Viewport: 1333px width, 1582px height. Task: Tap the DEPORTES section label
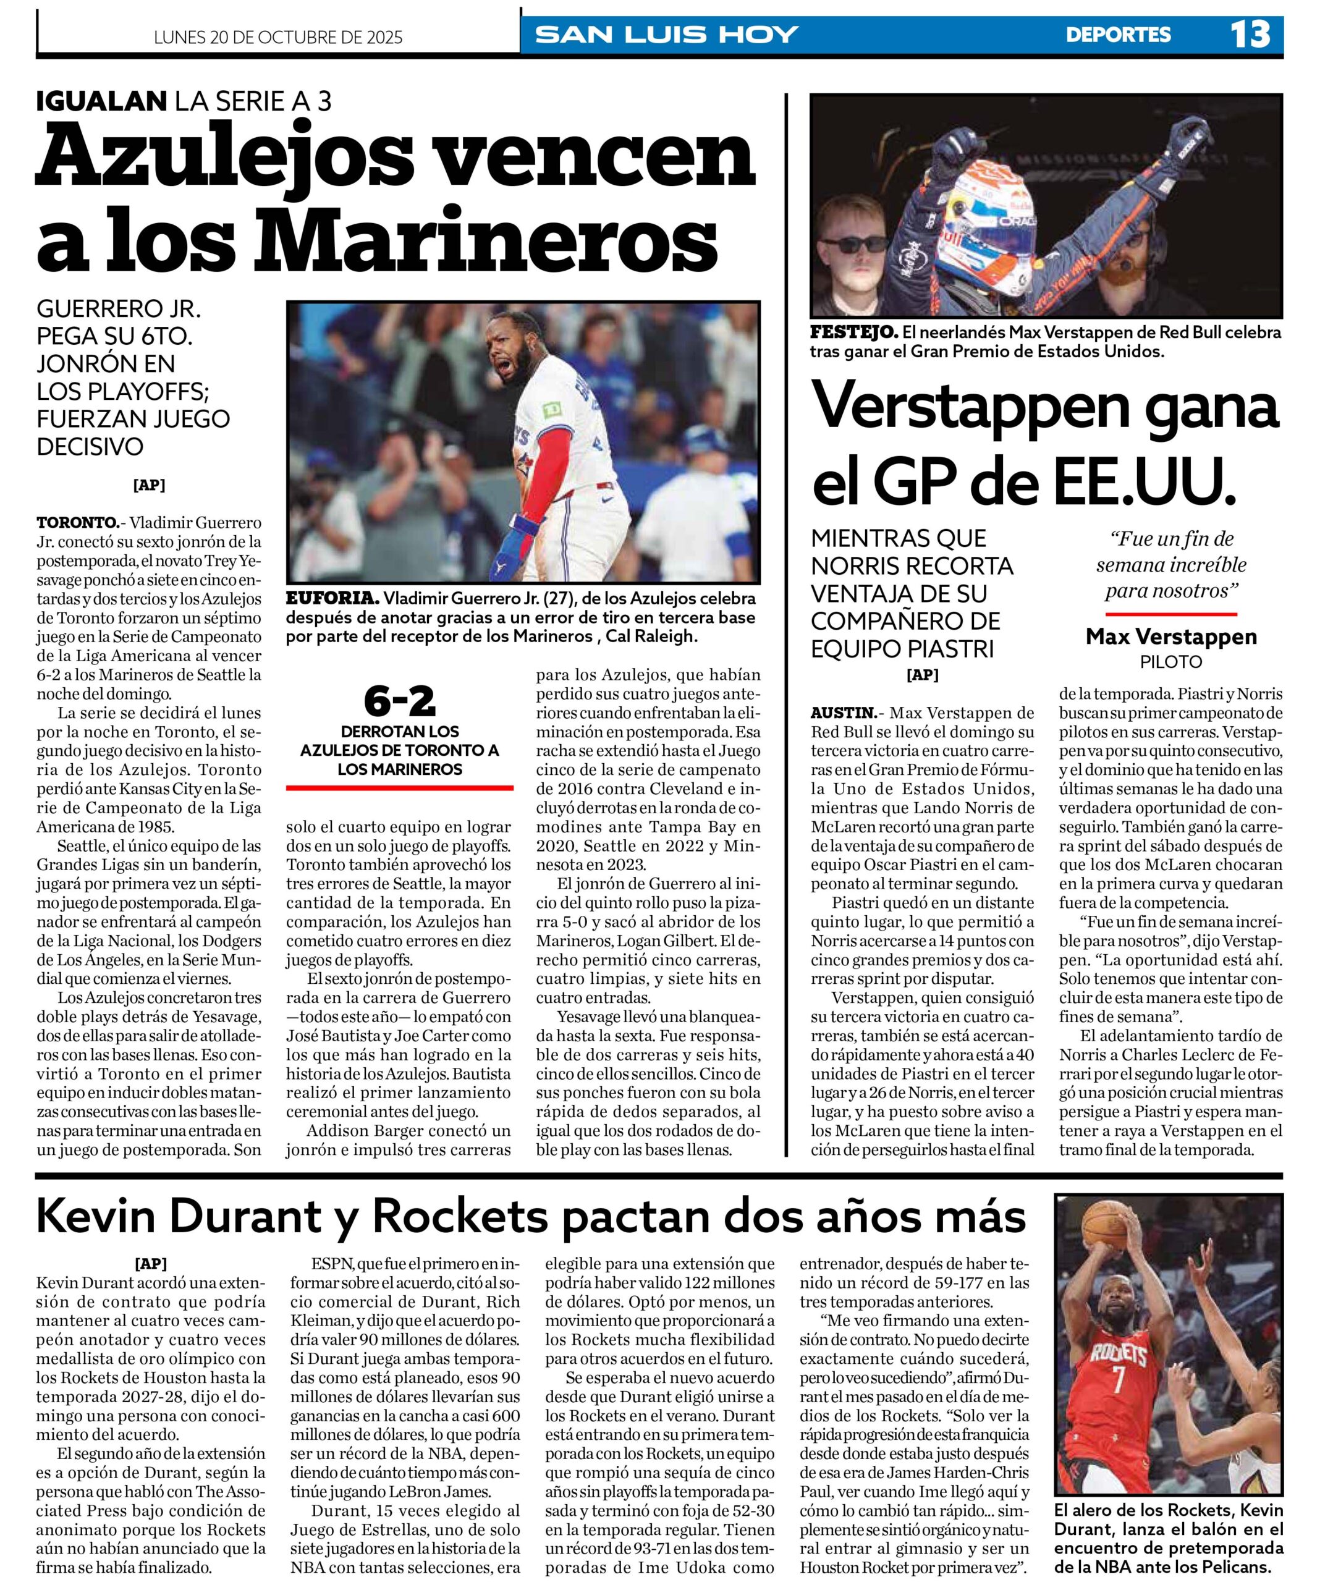[1118, 35]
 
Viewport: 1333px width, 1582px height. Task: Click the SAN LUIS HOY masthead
[666, 35]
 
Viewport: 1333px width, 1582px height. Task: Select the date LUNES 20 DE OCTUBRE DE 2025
[278, 37]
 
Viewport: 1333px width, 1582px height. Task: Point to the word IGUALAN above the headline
[101, 101]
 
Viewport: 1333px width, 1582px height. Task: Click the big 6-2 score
[400, 701]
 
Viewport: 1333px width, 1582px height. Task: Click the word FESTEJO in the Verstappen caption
[853, 332]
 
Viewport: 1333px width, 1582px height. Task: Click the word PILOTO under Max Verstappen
[1170, 662]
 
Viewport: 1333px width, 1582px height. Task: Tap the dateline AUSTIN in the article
[842, 713]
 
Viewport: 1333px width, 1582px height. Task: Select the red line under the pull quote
[1170, 614]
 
